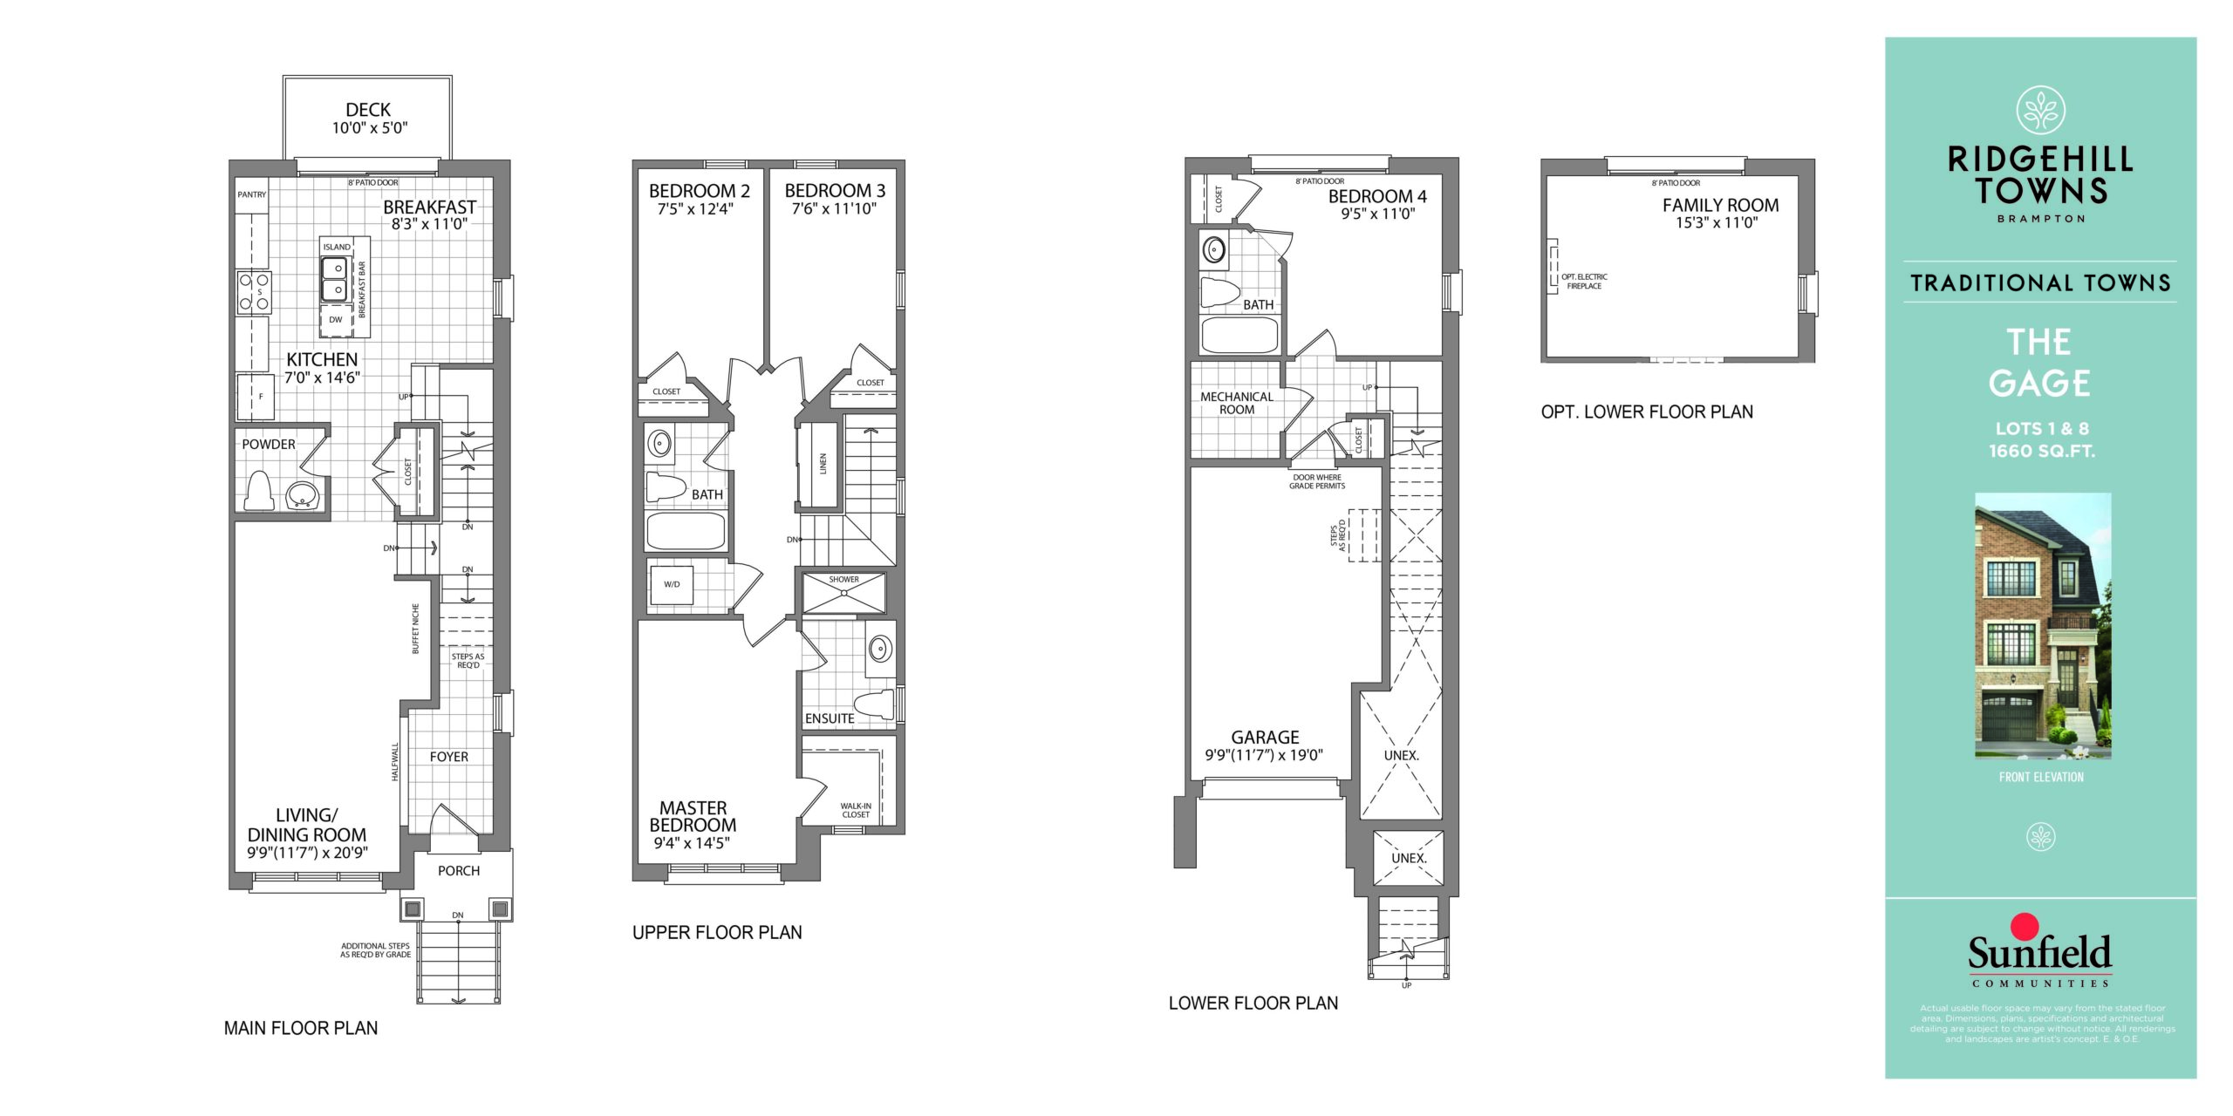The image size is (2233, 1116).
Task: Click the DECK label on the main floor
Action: (x=368, y=110)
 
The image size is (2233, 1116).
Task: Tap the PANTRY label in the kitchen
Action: (x=252, y=194)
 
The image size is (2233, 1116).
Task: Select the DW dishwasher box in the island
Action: (x=336, y=320)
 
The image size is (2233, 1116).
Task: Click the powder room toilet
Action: (x=259, y=490)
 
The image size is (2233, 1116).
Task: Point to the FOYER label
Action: (x=449, y=757)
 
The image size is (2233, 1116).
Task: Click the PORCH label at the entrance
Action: (x=459, y=870)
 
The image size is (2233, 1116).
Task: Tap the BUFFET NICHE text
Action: (x=416, y=628)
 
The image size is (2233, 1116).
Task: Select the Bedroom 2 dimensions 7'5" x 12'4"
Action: (x=695, y=209)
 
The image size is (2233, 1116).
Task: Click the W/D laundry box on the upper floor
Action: (x=672, y=584)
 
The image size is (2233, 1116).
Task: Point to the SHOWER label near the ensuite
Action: (x=844, y=579)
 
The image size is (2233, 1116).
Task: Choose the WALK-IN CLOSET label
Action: (x=856, y=810)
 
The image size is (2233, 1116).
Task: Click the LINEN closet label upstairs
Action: (x=823, y=464)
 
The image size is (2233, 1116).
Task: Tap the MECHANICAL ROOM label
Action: (x=1237, y=403)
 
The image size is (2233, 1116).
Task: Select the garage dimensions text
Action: (x=1264, y=755)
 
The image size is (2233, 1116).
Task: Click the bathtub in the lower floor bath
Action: (x=1239, y=335)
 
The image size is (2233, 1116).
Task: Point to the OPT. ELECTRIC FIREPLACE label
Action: (x=1584, y=282)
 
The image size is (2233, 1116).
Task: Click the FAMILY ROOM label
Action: (x=1720, y=206)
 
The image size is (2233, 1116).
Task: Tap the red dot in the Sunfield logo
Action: (x=2025, y=926)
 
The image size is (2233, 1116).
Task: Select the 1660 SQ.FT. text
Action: (x=2041, y=451)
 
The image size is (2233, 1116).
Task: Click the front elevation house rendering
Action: (x=2043, y=626)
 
